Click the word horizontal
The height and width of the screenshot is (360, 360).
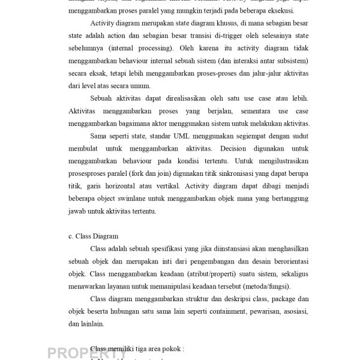[143, 187]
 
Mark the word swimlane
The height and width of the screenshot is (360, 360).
[138, 199]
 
